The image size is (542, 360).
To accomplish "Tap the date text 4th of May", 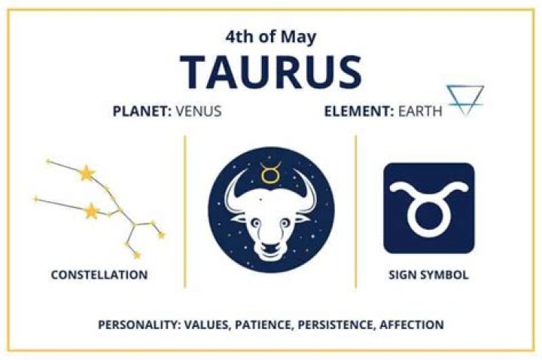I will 271,36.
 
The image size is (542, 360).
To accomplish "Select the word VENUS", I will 199,111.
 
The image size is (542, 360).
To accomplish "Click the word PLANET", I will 142,111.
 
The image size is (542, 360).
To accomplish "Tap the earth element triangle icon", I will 464,100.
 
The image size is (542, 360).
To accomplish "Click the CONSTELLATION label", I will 99,275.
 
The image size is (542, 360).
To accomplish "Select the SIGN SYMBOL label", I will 429,275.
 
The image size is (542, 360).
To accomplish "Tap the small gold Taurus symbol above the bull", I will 270,174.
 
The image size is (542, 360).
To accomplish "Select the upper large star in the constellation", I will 88,174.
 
